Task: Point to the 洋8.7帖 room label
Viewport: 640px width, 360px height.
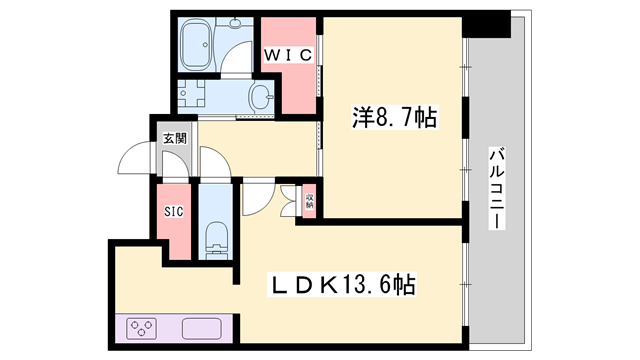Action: (393, 118)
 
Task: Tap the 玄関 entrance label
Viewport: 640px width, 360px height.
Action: (174, 139)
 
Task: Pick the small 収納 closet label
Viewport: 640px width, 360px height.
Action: (310, 200)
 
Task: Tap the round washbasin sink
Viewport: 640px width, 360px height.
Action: (262, 97)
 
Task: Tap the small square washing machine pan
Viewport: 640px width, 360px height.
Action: (189, 96)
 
